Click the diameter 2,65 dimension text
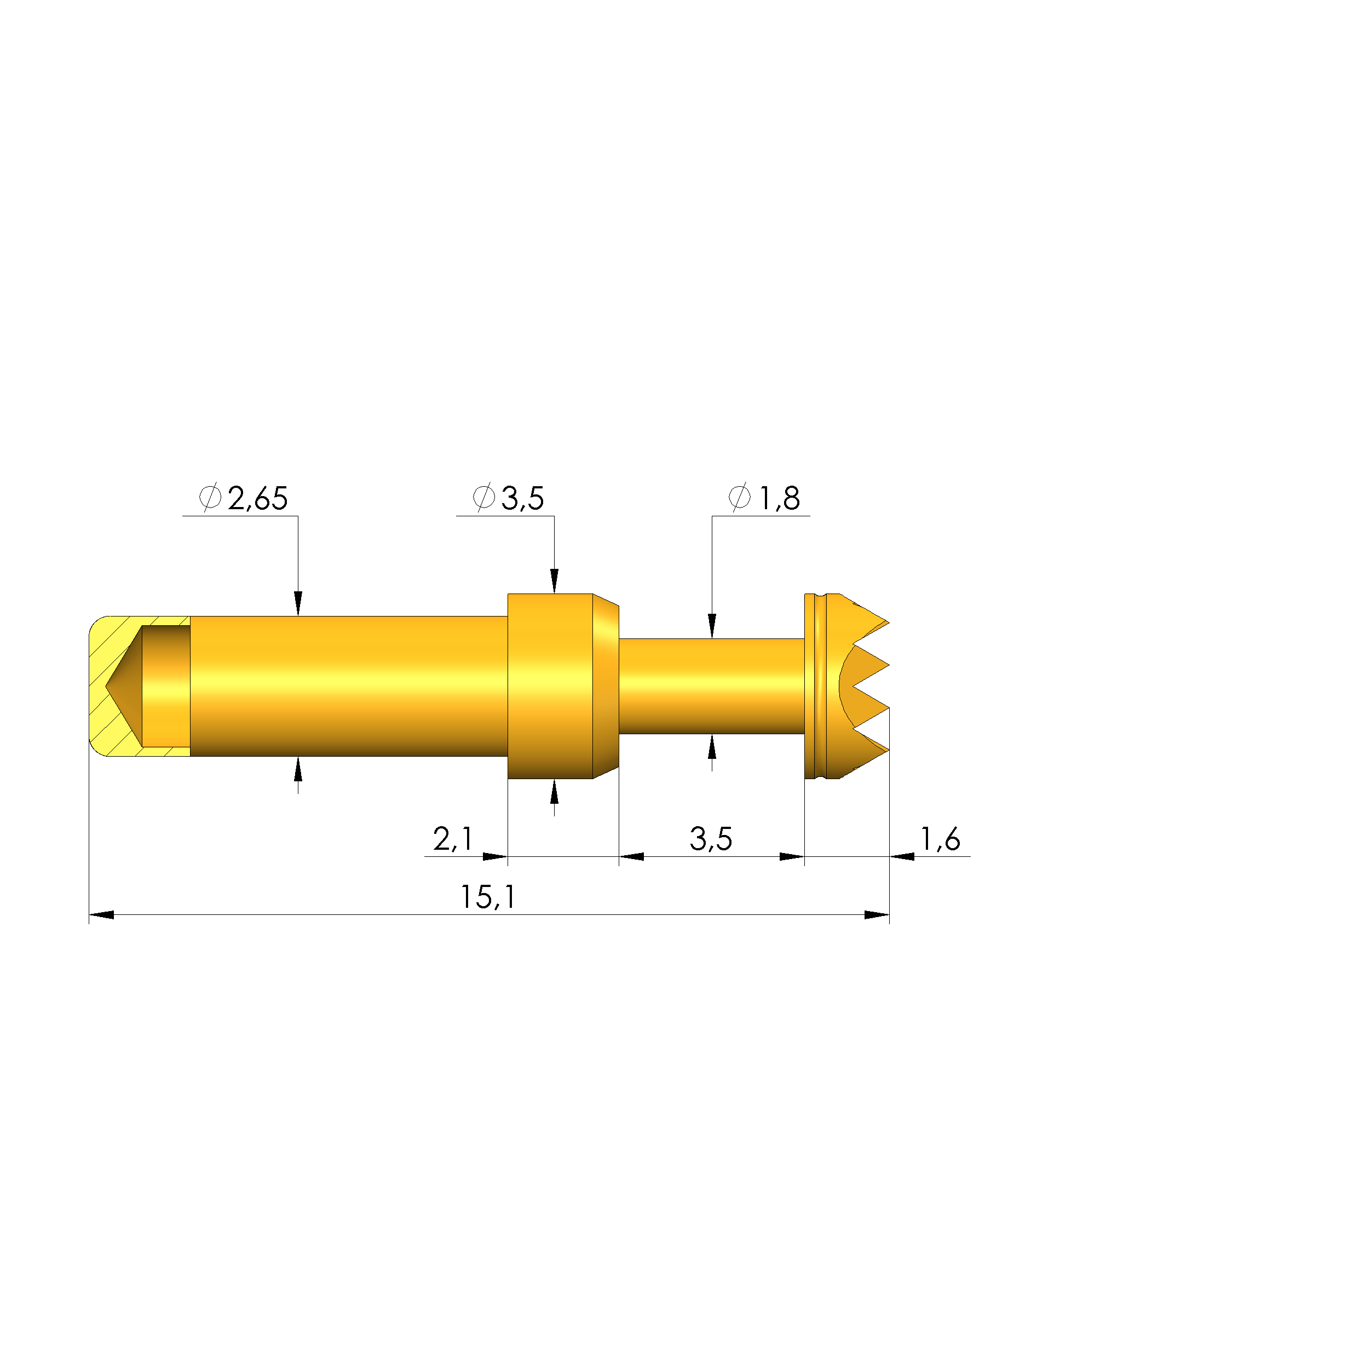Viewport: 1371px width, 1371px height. tap(257, 499)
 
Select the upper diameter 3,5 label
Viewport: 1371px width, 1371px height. tap(522, 499)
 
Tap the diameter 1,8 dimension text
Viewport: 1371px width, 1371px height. tap(779, 499)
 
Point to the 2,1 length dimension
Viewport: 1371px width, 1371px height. tap(452, 839)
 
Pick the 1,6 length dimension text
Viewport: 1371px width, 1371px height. tap(940, 839)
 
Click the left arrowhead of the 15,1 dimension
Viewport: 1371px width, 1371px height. tap(101, 915)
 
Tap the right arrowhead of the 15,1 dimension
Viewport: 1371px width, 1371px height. tap(877, 915)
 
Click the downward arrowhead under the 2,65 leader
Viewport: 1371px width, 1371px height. tap(298, 603)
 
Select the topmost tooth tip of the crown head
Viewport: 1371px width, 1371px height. tap(888, 623)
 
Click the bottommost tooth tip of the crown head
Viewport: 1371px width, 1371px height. tap(888, 751)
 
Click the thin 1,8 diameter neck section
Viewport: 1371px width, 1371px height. tap(712, 685)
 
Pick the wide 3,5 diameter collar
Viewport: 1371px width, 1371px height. tap(550, 685)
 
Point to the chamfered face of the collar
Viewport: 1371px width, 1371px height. tap(606, 685)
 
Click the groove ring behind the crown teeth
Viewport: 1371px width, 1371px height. tap(822, 685)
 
